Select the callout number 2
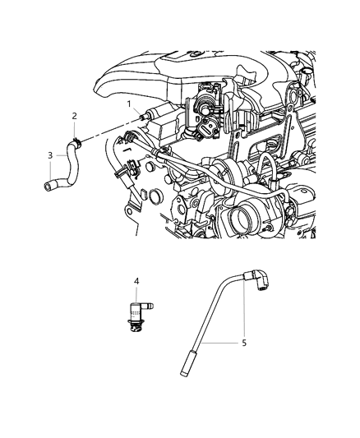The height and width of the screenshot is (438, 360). pyautogui.click(x=74, y=116)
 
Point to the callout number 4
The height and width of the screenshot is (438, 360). pyautogui.click(x=136, y=282)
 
